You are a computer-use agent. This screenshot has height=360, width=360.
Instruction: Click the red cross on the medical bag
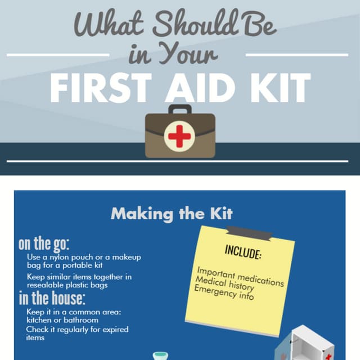[x=179, y=136]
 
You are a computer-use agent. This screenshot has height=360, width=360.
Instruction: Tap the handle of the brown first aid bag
[x=179, y=109]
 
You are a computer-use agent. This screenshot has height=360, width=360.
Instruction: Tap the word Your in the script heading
[x=191, y=55]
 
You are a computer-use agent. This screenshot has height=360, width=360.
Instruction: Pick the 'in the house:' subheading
[x=52, y=298]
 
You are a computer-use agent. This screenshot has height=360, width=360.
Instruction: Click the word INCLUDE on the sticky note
[x=243, y=252]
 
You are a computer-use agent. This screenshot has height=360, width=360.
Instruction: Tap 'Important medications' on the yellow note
[x=240, y=277]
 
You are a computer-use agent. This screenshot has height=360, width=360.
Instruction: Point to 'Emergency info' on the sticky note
[x=224, y=293]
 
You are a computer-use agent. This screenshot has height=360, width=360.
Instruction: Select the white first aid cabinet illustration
[x=312, y=343]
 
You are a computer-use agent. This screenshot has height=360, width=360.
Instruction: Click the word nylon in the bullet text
[x=69, y=257]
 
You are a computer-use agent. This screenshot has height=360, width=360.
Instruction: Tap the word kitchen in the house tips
[x=42, y=320]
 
